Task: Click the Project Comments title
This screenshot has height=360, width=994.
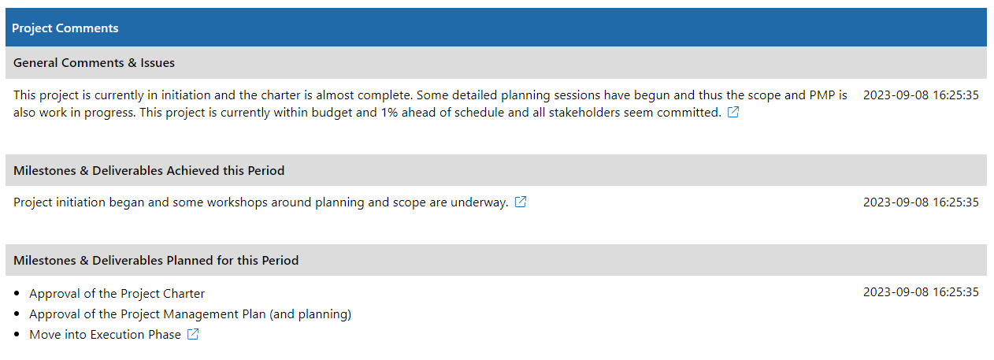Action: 65,28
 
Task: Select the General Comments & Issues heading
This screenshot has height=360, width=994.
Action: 94,63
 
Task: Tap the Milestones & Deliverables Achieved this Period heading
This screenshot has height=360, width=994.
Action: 149,171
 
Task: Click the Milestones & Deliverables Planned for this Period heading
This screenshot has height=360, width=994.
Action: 156,261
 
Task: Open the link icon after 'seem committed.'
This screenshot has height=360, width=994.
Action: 733,113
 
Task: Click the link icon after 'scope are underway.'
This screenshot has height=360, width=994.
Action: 521,202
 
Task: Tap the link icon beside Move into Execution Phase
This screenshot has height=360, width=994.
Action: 193,334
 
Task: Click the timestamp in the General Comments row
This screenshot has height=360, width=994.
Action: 921,95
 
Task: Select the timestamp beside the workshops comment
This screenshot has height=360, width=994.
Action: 921,202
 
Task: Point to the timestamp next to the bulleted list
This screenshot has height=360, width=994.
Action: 921,292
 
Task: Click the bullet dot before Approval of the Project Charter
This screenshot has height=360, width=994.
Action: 17,293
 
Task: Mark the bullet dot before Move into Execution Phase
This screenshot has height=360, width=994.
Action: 17,334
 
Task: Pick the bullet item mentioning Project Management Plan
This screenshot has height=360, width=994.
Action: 191,314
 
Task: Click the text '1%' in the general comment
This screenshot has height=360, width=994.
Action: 389,113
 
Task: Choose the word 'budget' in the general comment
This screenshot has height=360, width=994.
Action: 332,113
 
